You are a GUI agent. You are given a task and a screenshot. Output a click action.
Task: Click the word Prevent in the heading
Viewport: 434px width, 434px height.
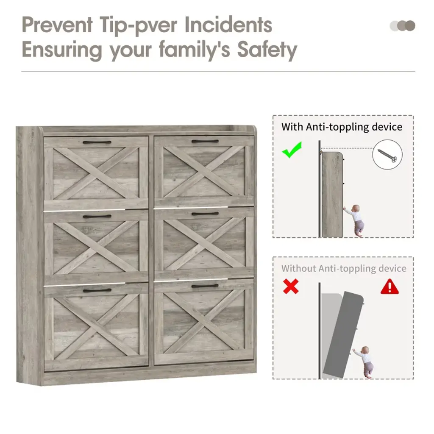pyautogui.click(x=57, y=25)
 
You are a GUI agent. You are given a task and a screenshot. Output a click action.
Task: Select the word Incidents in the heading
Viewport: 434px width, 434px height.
pyautogui.click(x=228, y=25)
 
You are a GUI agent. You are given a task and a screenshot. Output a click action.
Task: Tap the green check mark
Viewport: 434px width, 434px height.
pyautogui.click(x=292, y=150)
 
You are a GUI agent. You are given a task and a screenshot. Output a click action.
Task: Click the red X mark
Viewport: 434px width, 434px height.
pyautogui.click(x=291, y=286)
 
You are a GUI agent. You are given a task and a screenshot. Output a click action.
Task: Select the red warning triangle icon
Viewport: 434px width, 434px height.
pyautogui.click(x=390, y=287)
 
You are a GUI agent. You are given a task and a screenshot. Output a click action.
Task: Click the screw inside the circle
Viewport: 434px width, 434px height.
pyautogui.click(x=387, y=155)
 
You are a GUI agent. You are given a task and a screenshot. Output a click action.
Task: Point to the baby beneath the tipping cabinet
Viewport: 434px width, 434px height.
pyautogui.click(x=363, y=362)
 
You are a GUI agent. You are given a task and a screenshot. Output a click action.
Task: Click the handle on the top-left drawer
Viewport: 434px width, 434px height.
pyautogui.click(x=97, y=142)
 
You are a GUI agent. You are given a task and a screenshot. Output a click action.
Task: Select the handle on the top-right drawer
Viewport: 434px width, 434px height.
pyautogui.click(x=205, y=142)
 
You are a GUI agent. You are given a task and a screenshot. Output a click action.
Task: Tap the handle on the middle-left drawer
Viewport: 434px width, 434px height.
pyautogui.click(x=97, y=217)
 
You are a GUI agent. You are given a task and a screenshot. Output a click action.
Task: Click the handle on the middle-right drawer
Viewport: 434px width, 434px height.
pyautogui.click(x=205, y=214)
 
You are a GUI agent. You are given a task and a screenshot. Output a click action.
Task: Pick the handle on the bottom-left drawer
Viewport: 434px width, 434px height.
pyautogui.click(x=97, y=291)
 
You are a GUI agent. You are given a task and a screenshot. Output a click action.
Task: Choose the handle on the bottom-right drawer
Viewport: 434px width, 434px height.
pyautogui.click(x=205, y=286)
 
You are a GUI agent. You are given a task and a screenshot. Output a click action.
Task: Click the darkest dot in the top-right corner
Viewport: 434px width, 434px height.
pyautogui.click(x=410, y=26)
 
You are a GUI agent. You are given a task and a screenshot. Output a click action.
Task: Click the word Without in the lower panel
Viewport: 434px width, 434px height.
pyautogui.click(x=299, y=268)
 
